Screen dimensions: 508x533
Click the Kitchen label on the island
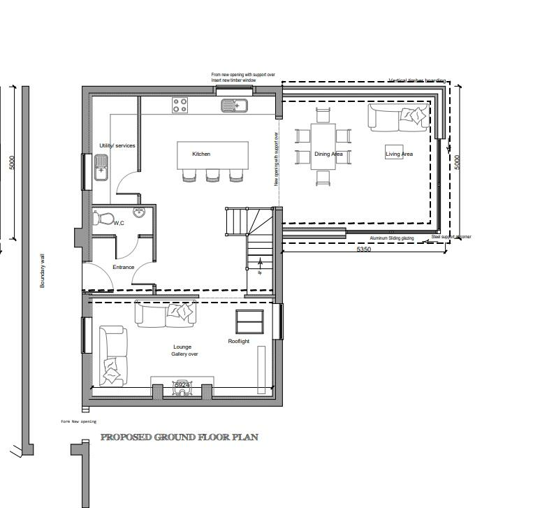coord(201,154)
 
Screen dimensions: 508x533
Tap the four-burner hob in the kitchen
coord(180,106)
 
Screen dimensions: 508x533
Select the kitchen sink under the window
coord(234,106)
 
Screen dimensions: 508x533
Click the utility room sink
coord(101,167)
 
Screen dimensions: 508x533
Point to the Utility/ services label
coord(117,145)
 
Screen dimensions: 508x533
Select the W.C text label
coord(119,223)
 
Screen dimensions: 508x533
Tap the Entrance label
coord(124,267)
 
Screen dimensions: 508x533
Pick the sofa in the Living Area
coord(398,117)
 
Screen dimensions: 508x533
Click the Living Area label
coord(399,154)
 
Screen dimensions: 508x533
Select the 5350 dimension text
coord(364,249)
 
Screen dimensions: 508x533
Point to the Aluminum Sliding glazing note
coord(392,238)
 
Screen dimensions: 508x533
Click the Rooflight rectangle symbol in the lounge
coord(249,321)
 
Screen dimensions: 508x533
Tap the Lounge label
coord(182,347)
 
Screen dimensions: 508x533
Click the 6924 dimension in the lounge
coord(182,385)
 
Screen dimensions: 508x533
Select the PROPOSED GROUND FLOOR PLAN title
coord(180,437)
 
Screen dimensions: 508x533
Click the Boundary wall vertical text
coord(43,270)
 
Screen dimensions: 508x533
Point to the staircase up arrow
coord(261,264)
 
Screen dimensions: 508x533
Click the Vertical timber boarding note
coord(416,81)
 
